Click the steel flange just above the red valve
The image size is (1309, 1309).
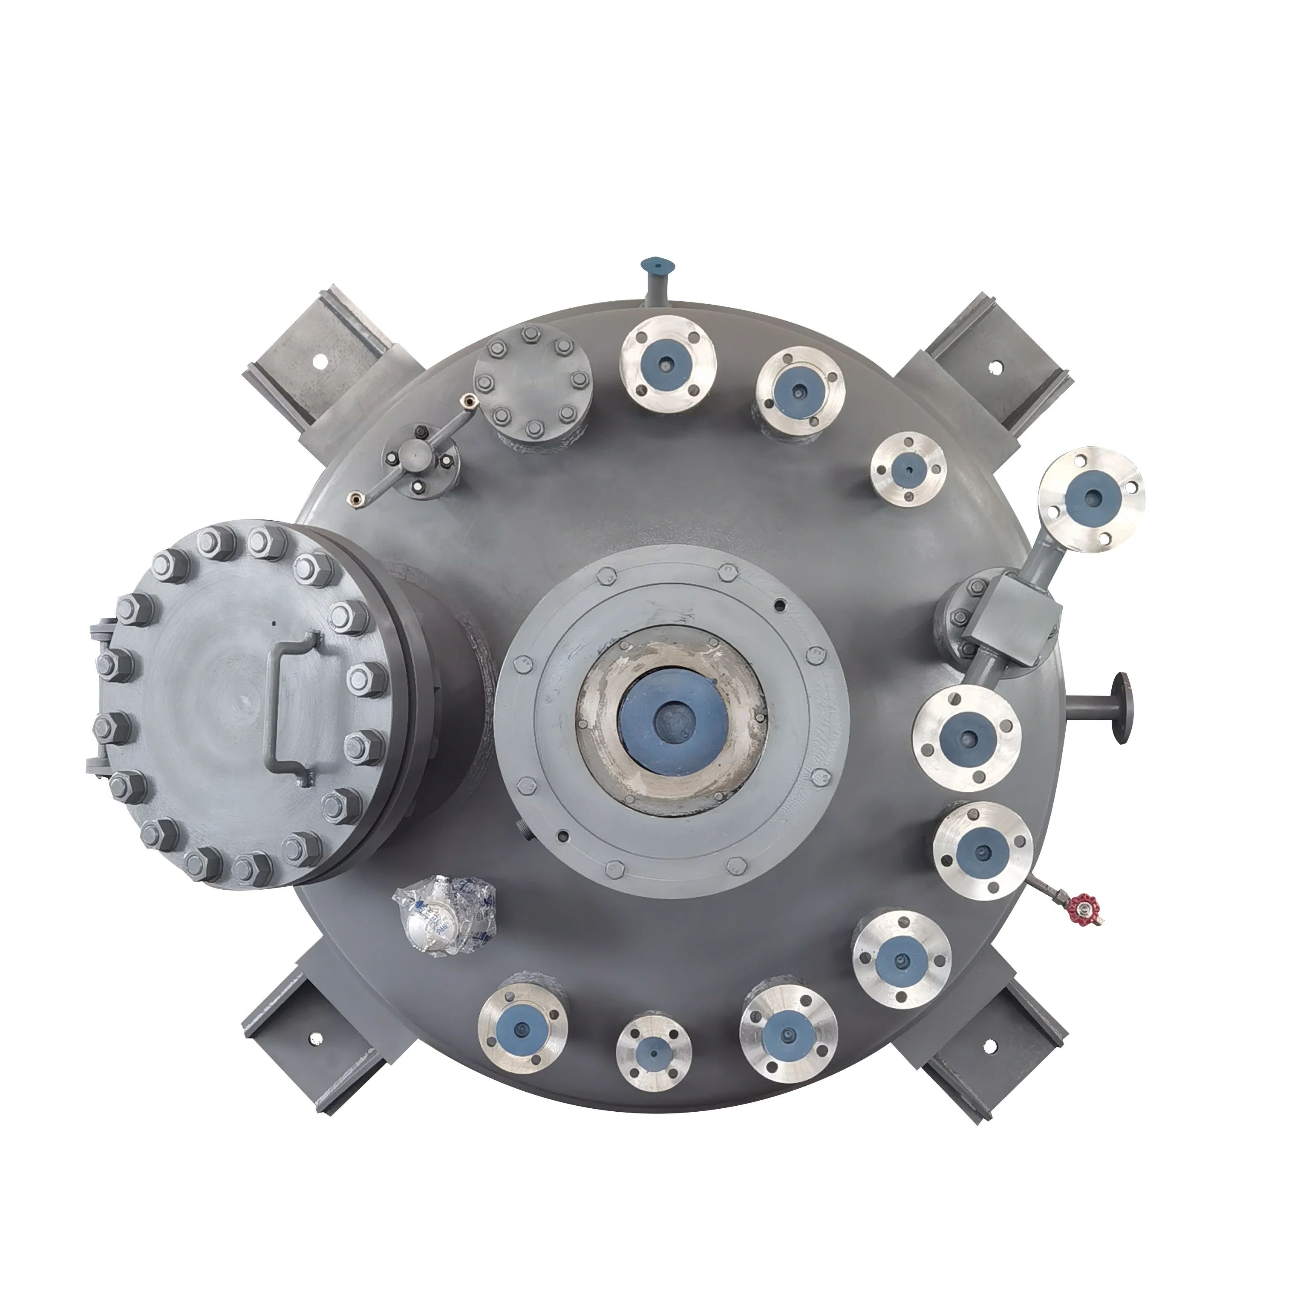[x=983, y=851]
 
